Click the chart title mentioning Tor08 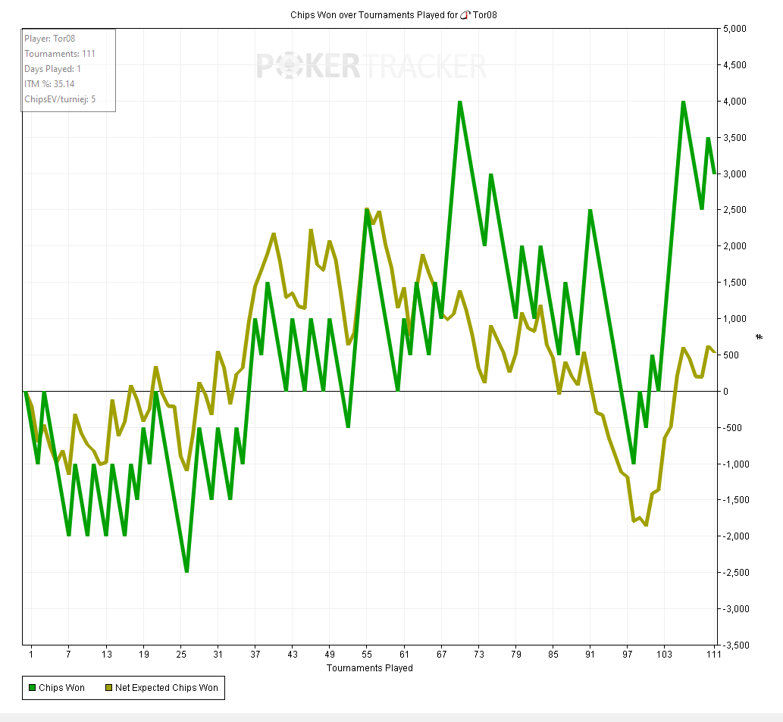pyautogui.click(x=393, y=14)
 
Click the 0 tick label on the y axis pyautogui.click(x=725, y=392)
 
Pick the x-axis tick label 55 pyautogui.click(x=367, y=654)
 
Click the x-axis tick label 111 pyautogui.click(x=713, y=654)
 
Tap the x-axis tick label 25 pyautogui.click(x=180, y=654)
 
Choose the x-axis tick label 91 pyautogui.click(x=590, y=654)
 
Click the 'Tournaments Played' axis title pyautogui.click(x=369, y=668)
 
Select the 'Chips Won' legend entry pyautogui.click(x=57, y=688)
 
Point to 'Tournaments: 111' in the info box pyautogui.click(x=60, y=54)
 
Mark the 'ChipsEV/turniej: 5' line pyautogui.click(x=60, y=99)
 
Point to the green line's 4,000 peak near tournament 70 pyautogui.click(x=459, y=102)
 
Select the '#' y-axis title pyautogui.click(x=760, y=336)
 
